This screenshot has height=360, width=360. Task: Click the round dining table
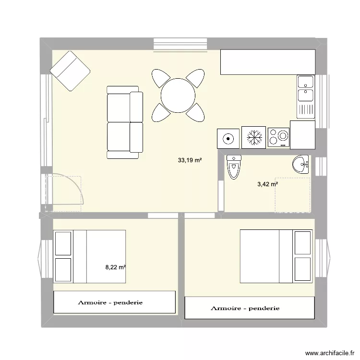pos(178,96)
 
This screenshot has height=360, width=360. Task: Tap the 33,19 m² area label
pos(190,161)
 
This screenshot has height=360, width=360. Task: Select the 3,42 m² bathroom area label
pos(267,184)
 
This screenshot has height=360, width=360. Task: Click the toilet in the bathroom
pos(234,167)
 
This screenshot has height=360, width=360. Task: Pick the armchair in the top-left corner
pos(70,70)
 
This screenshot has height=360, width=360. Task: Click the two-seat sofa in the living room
pos(124,122)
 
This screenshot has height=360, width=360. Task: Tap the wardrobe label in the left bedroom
pos(110,303)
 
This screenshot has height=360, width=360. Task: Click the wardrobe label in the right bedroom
pos(245,308)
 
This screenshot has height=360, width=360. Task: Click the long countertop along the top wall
pos(267,62)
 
